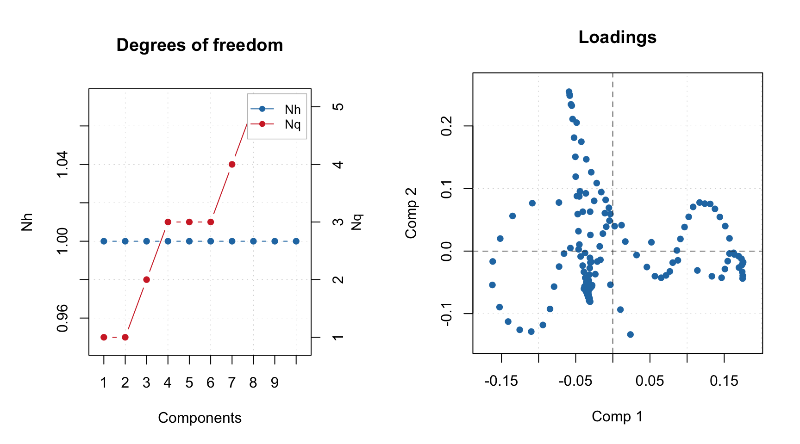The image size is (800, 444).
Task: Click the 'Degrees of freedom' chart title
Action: [x=200, y=45]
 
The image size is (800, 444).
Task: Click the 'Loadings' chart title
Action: [x=617, y=37]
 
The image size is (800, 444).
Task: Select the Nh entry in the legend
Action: [x=292, y=110]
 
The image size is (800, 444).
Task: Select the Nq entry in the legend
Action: [x=292, y=124]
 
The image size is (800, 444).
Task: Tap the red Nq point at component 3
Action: [x=146, y=280]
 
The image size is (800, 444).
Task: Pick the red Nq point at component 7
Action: [x=232, y=164]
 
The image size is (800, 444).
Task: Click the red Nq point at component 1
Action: [x=104, y=337]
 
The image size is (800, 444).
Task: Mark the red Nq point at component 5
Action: [x=189, y=222]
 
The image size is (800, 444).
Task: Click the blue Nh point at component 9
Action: [x=275, y=241]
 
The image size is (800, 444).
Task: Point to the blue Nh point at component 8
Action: [x=253, y=241]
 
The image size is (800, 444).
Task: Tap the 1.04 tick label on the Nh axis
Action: [x=62, y=164]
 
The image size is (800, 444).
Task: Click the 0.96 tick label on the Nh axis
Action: [x=62, y=318]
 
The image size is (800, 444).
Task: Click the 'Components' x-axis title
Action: [x=200, y=418]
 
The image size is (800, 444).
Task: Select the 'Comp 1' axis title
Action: [x=617, y=416]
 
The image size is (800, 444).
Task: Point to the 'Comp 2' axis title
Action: [x=411, y=213]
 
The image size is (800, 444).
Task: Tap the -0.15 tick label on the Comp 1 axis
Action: [x=501, y=381]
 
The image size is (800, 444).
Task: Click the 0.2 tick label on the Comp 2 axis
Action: [x=447, y=126]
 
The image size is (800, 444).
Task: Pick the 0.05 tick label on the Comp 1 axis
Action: [x=650, y=381]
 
